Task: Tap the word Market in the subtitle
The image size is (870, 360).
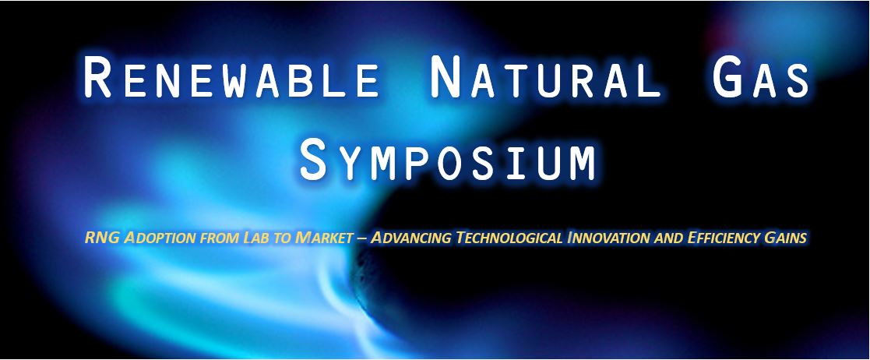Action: pyautogui.click(x=325, y=238)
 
